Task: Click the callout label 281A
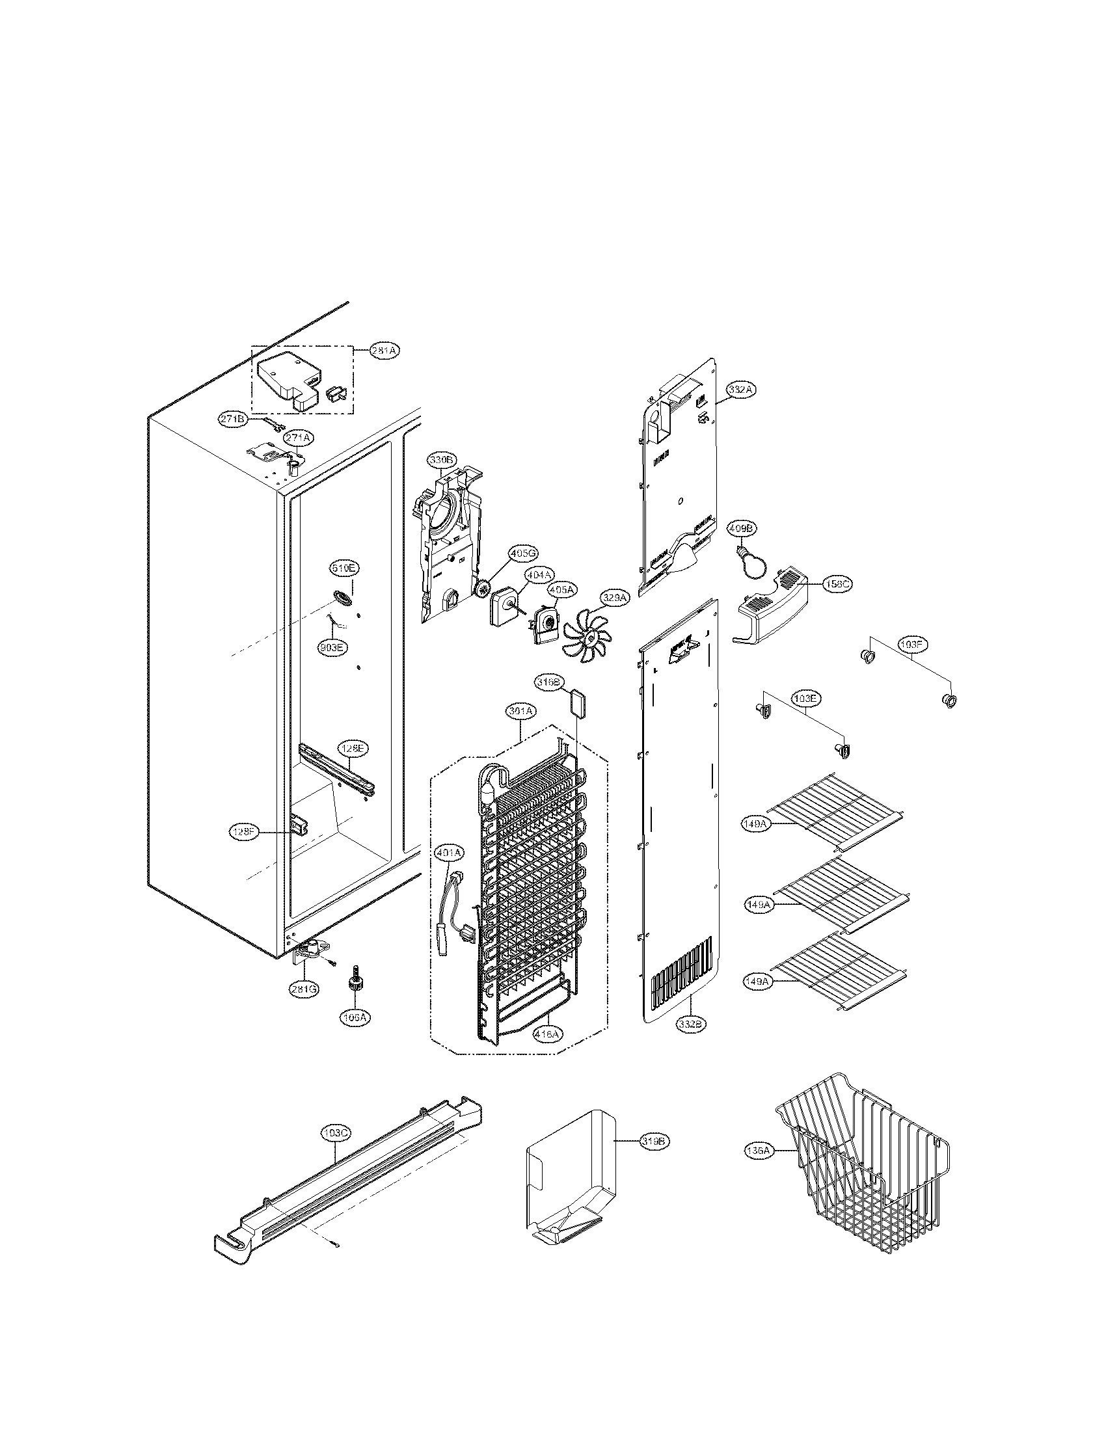click(x=383, y=351)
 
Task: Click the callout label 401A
click(x=449, y=853)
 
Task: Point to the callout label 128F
click(x=245, y=832)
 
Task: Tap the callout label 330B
click(x=441, y=461)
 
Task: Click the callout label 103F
click(x=913, y=645)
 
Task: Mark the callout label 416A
click(x=546, y=1034)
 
